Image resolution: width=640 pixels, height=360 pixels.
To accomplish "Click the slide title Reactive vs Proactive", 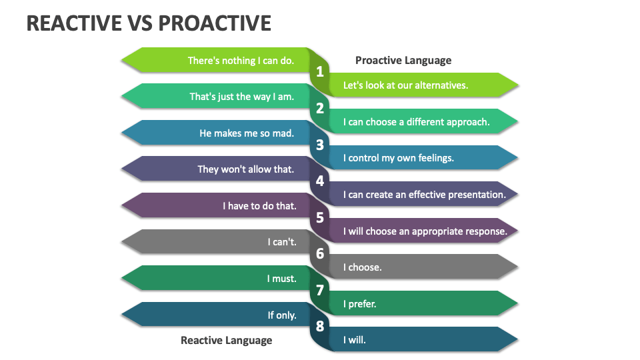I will pyautogui.click(x=149, y=23).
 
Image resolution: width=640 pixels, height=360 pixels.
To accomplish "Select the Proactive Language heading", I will pyautogui.click(x=403, y=60).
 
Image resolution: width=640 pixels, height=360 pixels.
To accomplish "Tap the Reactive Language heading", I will pyautogui.click(x=226, y=340).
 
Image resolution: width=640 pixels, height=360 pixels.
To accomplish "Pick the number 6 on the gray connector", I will pyautogui.click(x=320, y=254).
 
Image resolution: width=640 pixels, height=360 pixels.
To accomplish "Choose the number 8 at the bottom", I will pyautogui.click(x=320, y=327).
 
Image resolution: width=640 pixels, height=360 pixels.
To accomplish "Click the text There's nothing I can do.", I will pyautogui.click(x=241, y=61).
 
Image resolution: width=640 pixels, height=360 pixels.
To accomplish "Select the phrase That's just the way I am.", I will pyautogui.click(x=241, y=97).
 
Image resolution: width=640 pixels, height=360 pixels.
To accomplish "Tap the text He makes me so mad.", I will pyautogui.click(x=247, y=133).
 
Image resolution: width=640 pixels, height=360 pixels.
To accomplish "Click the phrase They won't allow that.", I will pyautogui.click(x=245, y=169).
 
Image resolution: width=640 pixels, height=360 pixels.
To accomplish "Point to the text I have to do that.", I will pyautogui.click(x=259, y=206).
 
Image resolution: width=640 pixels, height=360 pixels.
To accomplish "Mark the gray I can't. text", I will pyautogui.click(x=282, y=242).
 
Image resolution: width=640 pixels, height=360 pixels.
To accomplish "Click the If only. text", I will pyautogui.click(x=282, y=315).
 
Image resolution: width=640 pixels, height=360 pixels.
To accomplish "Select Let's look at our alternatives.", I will pyautogui.click(x=405, y=85).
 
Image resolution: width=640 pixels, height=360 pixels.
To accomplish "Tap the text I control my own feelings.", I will pyautogui.click(x=398, y=158).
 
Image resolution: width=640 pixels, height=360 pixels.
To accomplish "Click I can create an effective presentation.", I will pyautogui.click(x=424, y=195).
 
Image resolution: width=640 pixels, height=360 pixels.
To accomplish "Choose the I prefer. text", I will pyautogui.click(x=359, y=304).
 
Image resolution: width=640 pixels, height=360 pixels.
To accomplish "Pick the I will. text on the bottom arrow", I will pyautogui.click(x=355, y=340).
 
